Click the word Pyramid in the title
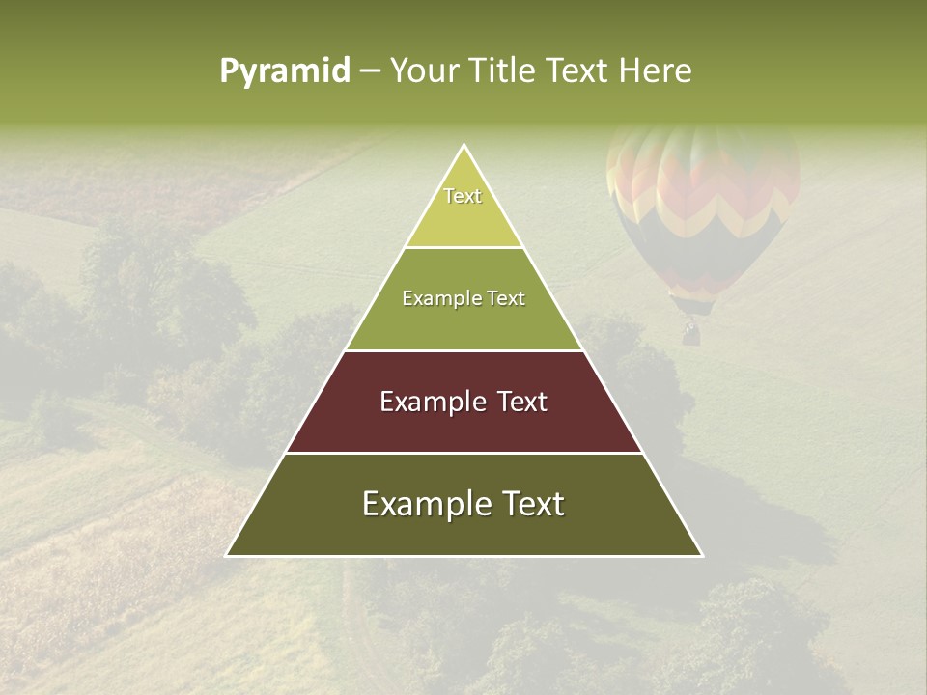tap(284, 71)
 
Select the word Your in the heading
tap(427, 71)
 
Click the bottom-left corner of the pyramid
tap(228, 555)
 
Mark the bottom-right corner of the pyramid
tap(701, 555)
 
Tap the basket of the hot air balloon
tap(690, 334)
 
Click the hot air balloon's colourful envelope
tap(703, 193)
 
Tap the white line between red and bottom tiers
tap(463, 453)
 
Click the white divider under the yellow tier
tap(463, 247)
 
